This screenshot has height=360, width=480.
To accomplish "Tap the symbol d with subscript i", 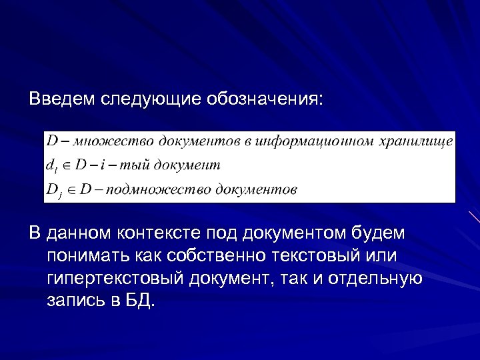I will [52, 165].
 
